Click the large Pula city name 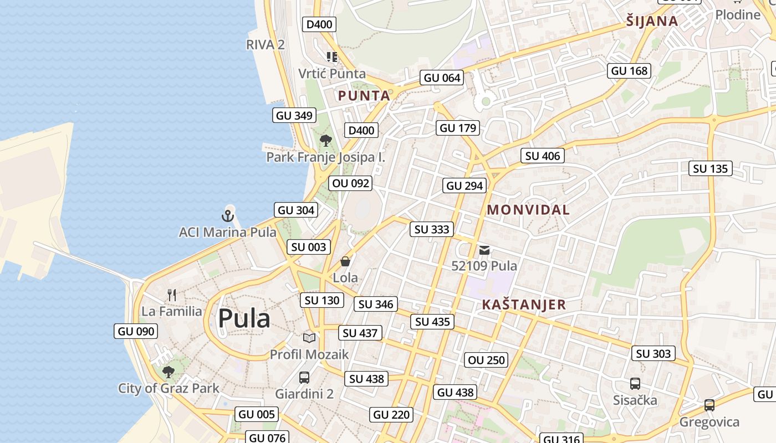point(244,318)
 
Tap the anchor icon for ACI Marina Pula point(228,215)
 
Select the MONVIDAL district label point(528,210)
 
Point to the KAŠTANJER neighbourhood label point(524,305)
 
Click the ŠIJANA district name point(652,22)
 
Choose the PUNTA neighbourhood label point(364,96)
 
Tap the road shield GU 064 point(442,78)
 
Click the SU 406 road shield point(543,156)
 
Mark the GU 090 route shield point(136,332)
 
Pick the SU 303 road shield point(654,354)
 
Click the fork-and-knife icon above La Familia point(172,295)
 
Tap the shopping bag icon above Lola point(345,261)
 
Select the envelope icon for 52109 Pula point(484,250)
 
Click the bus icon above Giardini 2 point(304,378)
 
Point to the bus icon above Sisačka point(635,383)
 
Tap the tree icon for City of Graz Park point(169,372)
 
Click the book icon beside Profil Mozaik point(309,338)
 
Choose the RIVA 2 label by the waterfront point(266,45)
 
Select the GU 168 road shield point(629,71)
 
